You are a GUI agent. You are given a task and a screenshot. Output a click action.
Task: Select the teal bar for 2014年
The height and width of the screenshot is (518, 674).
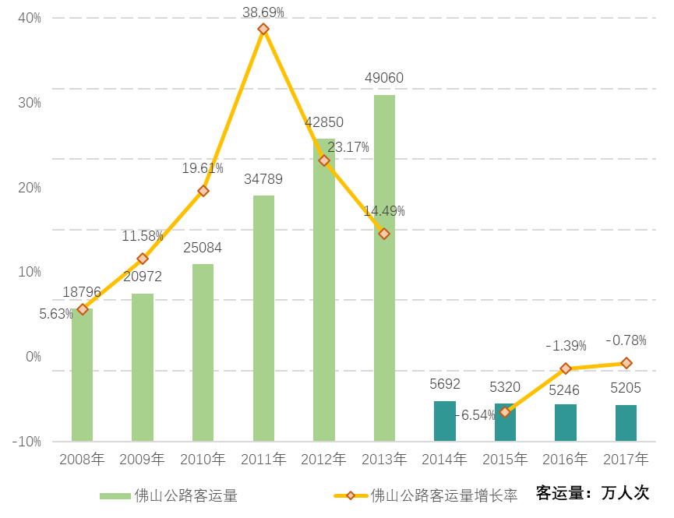point(444,421)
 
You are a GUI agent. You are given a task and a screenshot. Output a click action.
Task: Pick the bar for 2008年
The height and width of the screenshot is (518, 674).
point(82,375)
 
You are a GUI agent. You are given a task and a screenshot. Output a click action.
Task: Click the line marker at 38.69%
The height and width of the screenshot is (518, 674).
point(263,29)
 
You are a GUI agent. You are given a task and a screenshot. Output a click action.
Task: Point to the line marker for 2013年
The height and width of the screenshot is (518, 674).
point(384,234)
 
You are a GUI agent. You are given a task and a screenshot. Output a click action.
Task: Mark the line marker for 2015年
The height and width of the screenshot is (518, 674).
point(505,412)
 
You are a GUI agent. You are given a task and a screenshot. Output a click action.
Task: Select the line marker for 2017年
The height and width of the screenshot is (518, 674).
point(626,363)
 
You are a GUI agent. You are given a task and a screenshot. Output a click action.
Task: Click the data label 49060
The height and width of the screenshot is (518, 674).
point(384,79)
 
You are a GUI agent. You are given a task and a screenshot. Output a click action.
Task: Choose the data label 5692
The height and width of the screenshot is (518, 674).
point(445,384)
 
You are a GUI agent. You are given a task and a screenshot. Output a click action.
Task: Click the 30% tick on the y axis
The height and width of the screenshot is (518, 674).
point(29,103)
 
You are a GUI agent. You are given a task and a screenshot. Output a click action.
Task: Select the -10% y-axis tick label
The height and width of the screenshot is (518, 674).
point(26,442)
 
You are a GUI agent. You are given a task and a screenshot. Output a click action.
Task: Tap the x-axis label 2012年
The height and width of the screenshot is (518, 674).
point(323,459)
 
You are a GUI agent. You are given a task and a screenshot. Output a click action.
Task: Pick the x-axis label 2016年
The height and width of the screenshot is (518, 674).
point(565,459)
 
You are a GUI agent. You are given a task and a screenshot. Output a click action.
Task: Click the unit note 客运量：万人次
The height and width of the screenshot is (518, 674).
point(592,492)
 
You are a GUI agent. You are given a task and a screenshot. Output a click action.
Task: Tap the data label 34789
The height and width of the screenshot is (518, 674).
point(263,179)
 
